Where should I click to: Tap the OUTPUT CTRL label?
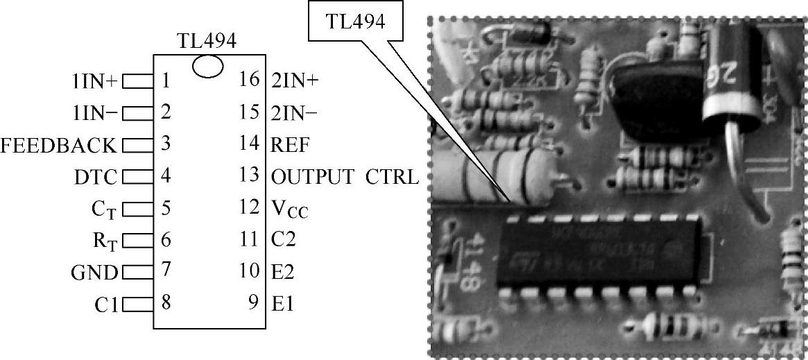345,176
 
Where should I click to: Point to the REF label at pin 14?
290,145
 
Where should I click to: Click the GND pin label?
94,272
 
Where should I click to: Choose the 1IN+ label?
90,82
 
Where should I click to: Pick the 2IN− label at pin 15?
295,112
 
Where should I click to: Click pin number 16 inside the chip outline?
249,80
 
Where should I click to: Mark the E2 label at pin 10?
282,272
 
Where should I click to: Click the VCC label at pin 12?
289,208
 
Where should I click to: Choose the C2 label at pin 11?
283,240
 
